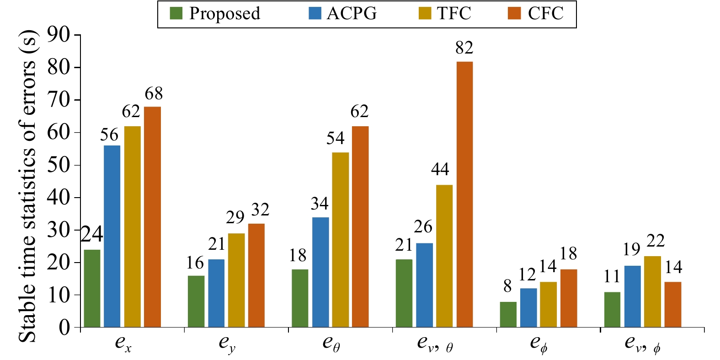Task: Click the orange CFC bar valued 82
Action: click(464, 194)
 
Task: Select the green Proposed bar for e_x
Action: click(92, 288)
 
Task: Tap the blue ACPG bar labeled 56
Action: click(112, 236)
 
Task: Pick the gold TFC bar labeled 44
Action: click(444, 256)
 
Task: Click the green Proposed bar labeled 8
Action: click(508, 314)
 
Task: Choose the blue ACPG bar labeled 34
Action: click(320, 272)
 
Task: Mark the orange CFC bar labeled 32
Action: click(256, 275)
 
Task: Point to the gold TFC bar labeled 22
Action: click(652, 291)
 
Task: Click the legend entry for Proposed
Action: click(215, 14)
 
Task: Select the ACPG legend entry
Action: click(343, 14)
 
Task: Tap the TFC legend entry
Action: click(445, 14)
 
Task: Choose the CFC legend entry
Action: click(536, 14)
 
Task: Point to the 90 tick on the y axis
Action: click(59, 35)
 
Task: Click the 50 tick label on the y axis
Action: click(59, 165)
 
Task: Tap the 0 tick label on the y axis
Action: click(64, 328)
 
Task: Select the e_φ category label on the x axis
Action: click(539, 344)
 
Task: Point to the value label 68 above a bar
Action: click(154, 94)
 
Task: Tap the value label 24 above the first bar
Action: click(92, 235)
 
